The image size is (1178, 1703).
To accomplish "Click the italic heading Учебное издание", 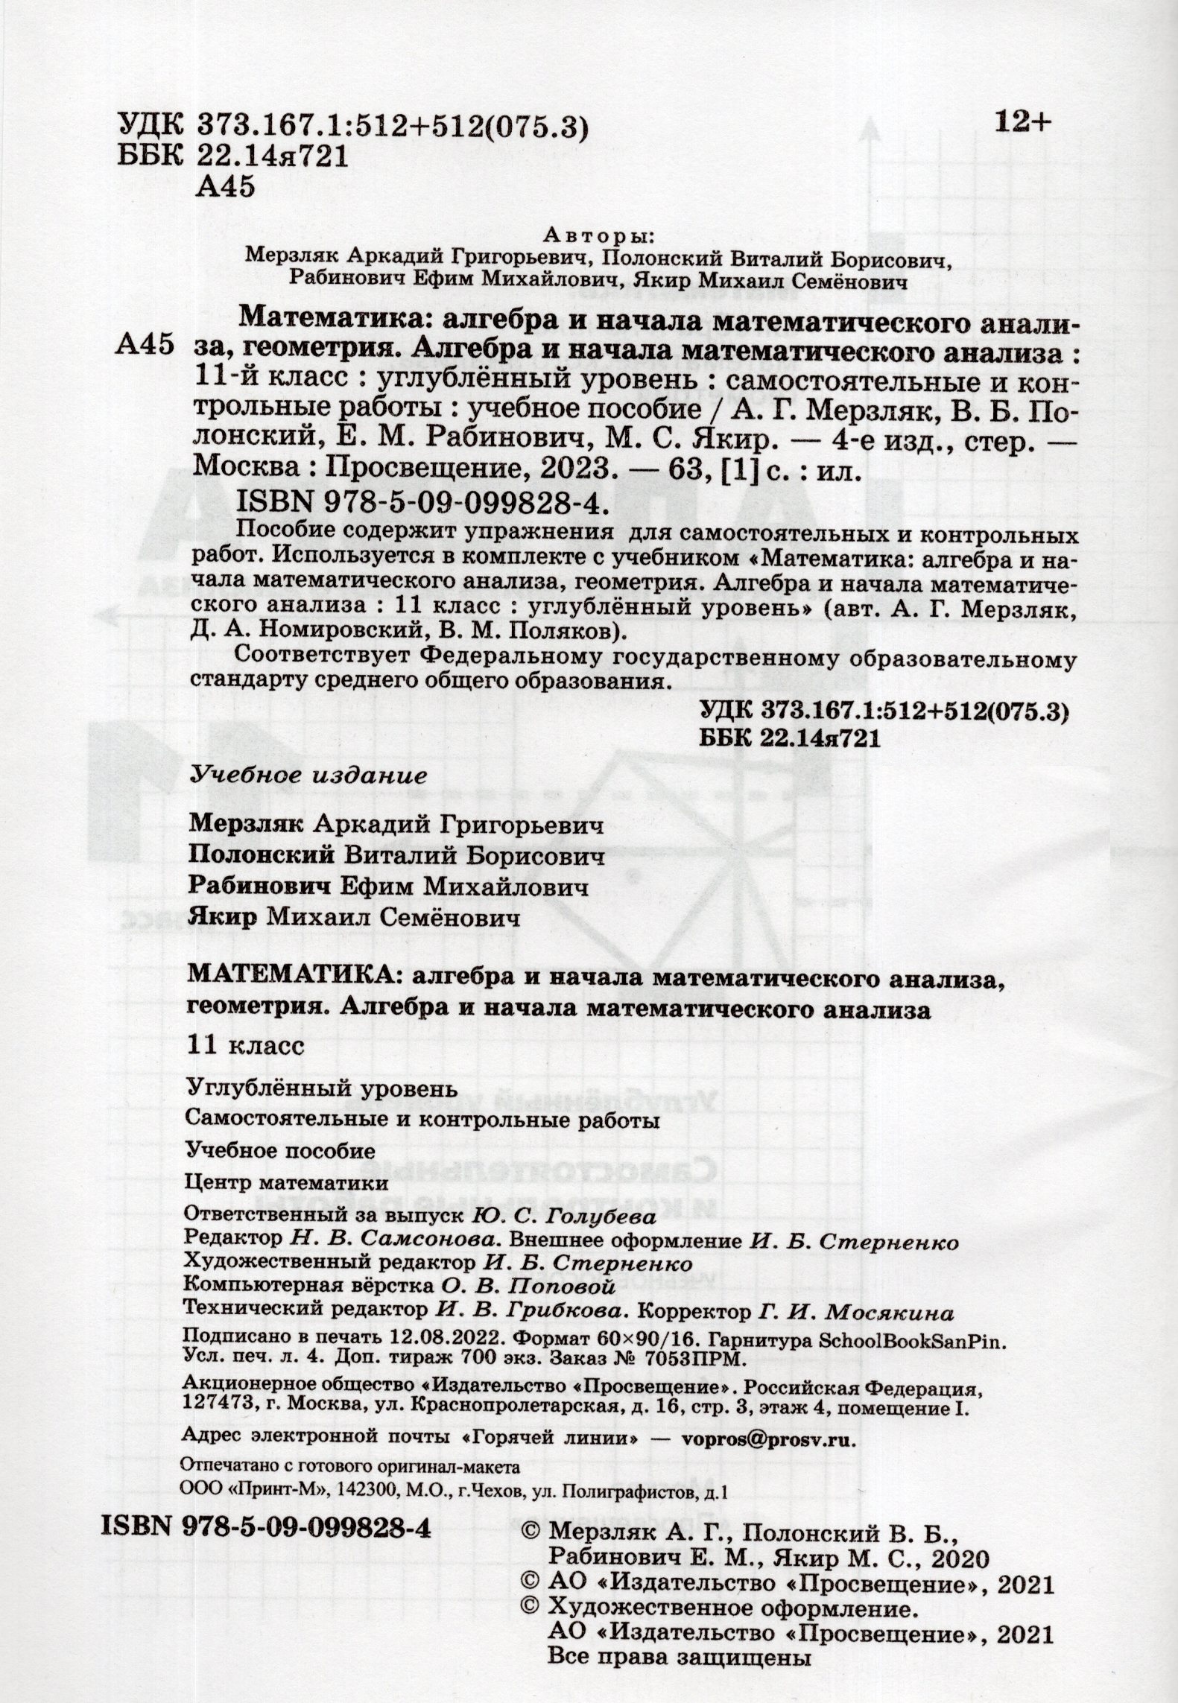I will (309, 775).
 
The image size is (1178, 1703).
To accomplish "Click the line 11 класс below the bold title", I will (246, 1046).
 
